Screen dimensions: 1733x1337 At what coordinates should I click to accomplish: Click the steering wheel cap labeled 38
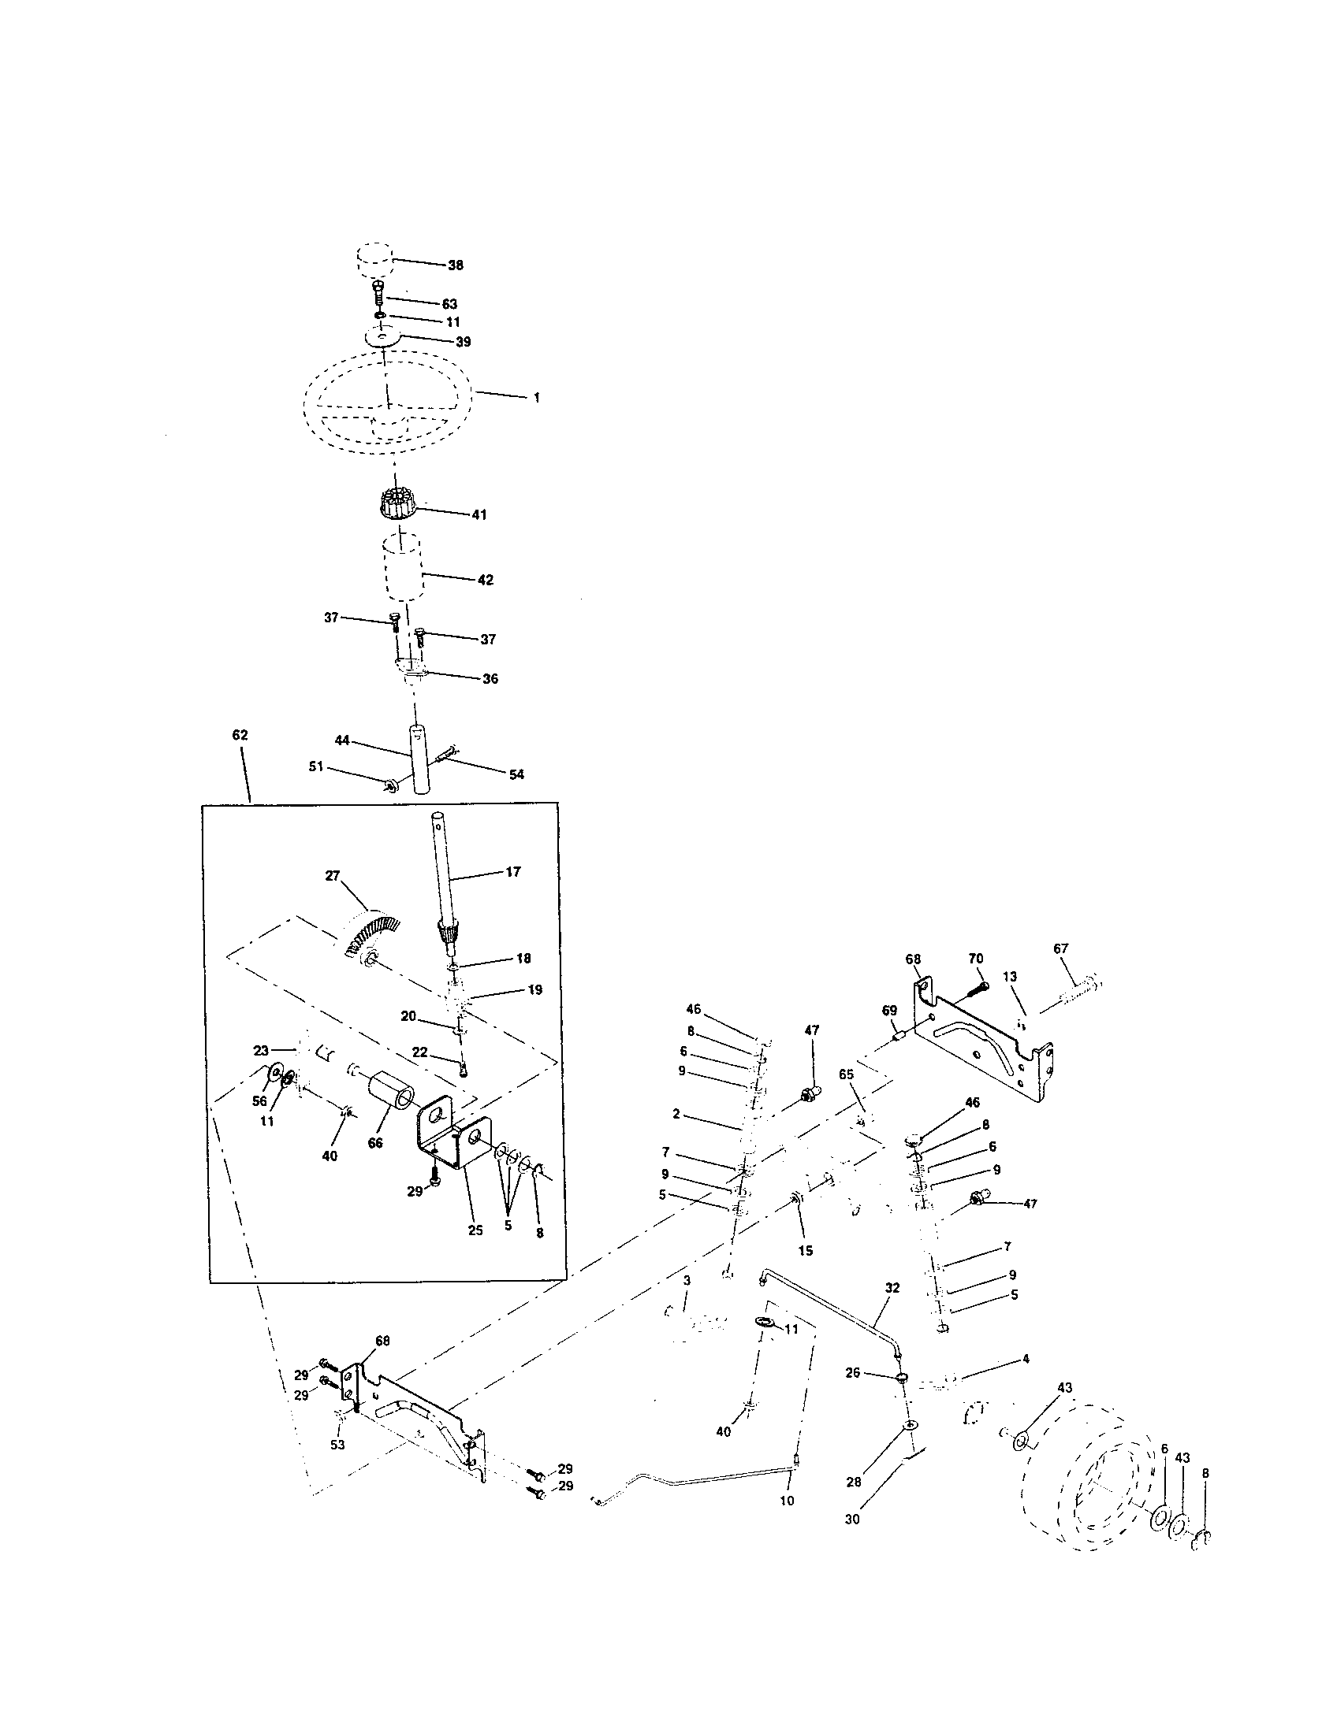point(371,261)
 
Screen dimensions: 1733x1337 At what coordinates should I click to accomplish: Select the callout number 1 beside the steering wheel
point(537,399)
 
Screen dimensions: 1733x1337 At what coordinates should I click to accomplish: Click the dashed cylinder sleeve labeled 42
point(404,570)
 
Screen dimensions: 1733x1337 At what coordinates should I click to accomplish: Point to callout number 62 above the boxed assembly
point(240,736)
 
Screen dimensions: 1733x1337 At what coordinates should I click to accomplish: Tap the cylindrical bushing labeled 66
point(392,1101)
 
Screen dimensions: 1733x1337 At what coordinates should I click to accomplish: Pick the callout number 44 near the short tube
point(342,740)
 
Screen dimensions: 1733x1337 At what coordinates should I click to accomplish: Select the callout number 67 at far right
point(1061,948)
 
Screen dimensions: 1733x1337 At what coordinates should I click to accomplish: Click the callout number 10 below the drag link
point(787,1501)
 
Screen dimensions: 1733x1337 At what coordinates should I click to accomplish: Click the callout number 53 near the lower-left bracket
point(337,1445)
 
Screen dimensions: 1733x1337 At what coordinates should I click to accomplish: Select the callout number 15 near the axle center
point(805,1251)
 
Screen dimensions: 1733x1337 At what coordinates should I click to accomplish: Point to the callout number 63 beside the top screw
point(449,304)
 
